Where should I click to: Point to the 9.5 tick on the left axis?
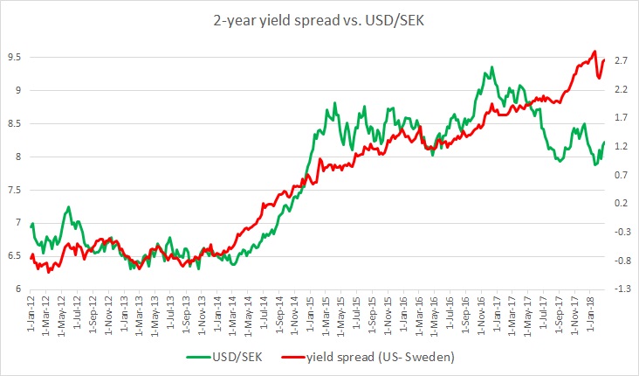[15, 57]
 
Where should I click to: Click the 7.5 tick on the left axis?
[15, 191]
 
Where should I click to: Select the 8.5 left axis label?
[15, 124]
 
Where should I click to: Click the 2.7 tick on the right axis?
[622, 60]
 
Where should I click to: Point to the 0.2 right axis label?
[622, 204]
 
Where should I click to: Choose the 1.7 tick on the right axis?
[622, 118]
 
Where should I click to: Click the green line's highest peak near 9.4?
[492, 66]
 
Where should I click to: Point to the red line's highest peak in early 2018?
[594, 51]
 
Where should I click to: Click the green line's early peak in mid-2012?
[68, 207]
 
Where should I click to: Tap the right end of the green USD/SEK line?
[604, 142]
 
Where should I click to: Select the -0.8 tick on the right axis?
[621, 261]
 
